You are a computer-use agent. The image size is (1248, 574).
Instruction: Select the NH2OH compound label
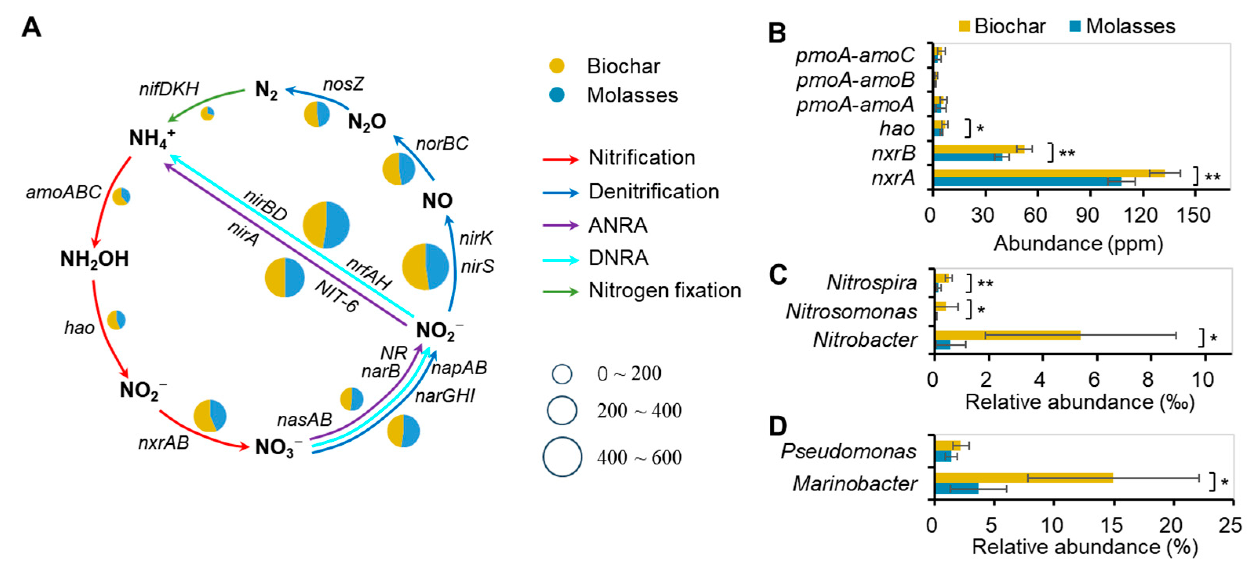[x=95, y=260]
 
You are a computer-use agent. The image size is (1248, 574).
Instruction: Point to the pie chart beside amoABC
[x=121, y=196]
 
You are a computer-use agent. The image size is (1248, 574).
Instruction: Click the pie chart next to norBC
[x=399, y=169]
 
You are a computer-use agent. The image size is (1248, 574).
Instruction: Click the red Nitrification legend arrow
[x=561, y=159]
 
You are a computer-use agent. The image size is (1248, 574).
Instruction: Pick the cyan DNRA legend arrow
[x=561, y=260]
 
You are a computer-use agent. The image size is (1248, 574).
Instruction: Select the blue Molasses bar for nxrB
[x=967, y=157]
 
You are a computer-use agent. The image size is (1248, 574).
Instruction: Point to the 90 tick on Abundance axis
[x=1088, y=215]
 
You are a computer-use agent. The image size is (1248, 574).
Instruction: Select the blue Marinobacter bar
[x=956, y=489]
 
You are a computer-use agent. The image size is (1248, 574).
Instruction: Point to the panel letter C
[x=778, y=275]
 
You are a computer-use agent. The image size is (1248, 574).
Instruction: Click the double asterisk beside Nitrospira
[x=985, y=283]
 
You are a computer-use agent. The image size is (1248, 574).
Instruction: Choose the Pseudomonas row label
[x=848, y=452]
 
